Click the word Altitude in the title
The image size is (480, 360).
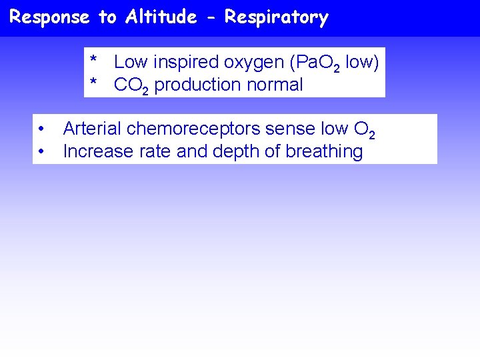tap(161, 17)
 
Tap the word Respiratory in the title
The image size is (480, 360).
tap(276, 18)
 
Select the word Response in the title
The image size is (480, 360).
tap(50, 17)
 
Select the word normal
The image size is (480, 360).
tap(274, 85)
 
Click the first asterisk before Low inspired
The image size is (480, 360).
tap(95, 61)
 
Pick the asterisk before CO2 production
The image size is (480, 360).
tap(95, 84)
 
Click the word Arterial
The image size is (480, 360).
tap(92, 129)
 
